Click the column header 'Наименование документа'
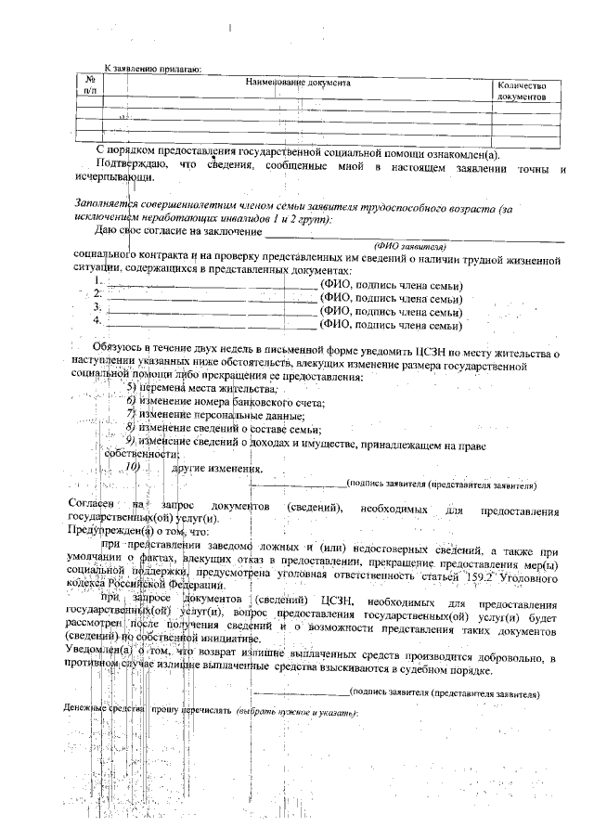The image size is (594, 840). tap(297, 83)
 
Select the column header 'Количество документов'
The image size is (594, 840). tap(522, 91)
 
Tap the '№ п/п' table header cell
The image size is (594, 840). tap(90, 85)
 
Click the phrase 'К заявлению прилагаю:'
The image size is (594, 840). tap(152, 69)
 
